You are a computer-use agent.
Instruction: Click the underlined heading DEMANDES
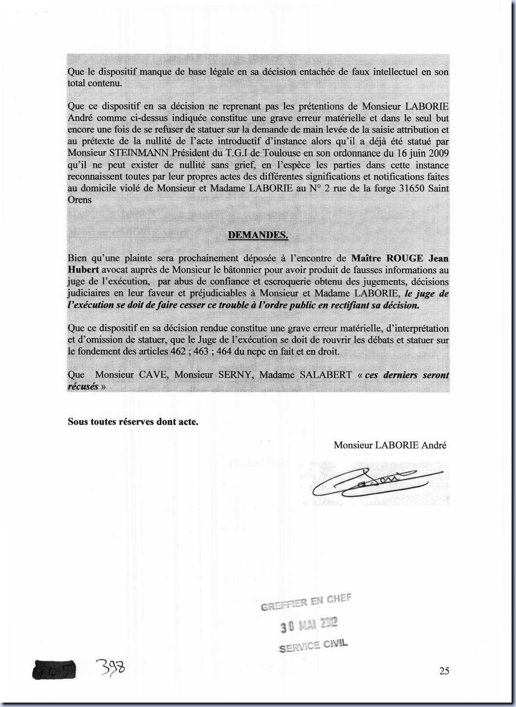coord(258,235)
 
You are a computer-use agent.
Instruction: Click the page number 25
coord(444,671)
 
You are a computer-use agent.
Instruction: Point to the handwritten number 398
coord(112,669)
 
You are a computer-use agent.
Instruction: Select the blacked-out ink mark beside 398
coord(54,670)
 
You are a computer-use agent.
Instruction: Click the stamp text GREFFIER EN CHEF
coord(306,602)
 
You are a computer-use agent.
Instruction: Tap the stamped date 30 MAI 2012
coord(309,624)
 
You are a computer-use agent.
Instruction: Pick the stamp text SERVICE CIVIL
coord(313,646)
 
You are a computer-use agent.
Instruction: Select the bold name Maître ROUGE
coord(388,258)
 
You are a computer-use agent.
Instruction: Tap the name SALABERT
coord(325,375)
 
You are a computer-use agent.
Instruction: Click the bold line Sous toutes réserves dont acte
coord(133,422)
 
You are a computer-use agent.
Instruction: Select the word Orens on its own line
coord(79,200)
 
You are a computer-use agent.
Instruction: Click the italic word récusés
coord(83,386)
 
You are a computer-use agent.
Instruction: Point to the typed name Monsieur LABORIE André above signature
coord(390,445)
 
